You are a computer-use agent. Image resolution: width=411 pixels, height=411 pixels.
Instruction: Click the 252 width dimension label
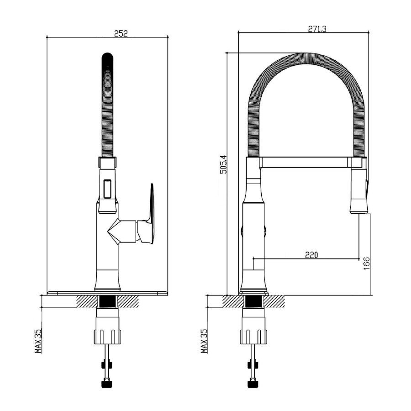(121, 33)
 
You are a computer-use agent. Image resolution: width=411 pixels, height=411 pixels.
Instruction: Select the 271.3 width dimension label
(317, 29)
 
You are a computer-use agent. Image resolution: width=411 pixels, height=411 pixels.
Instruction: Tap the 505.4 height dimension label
(224, 164)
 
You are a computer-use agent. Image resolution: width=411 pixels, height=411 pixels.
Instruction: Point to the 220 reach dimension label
(311, 254)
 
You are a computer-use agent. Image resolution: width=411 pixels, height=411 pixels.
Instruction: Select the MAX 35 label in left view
(38, 341)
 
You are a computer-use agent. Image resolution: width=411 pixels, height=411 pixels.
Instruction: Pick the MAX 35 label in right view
(204, 341)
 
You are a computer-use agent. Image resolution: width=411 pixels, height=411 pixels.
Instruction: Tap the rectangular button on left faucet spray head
(107, 189)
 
